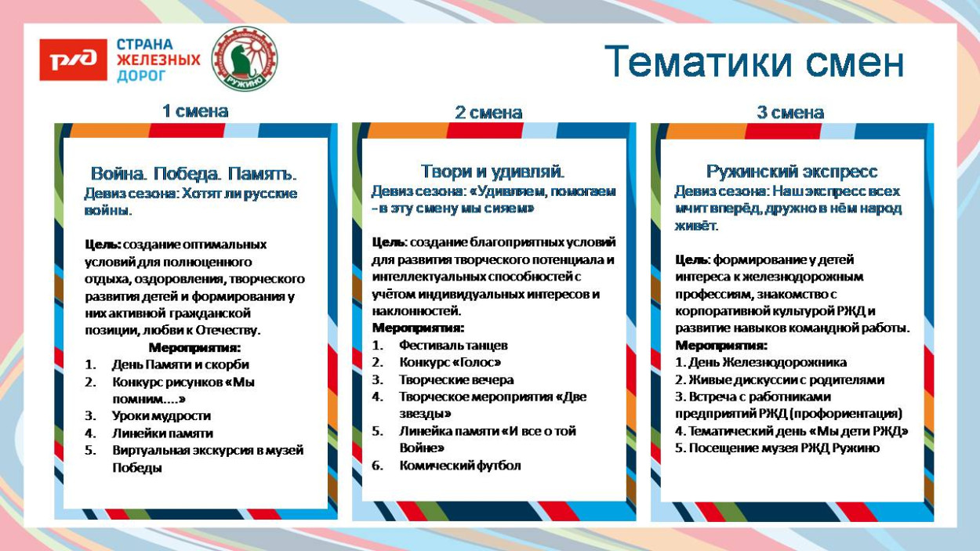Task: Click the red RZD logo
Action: [73, 60]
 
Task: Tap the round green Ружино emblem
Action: [245, 58]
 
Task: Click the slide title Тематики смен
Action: [754, 62]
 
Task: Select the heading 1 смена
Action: [194, 111]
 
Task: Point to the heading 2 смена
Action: [488, 113]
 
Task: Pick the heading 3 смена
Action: [789, 113]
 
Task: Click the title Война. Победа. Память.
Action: [194, 173]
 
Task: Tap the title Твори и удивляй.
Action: [492, 171]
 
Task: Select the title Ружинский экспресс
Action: [791, 172]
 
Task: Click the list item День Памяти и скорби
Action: [180, 364]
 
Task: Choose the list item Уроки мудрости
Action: [161, 415]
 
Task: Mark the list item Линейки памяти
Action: [162, 433]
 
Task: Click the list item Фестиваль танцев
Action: [453, 345]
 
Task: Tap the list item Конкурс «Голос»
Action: [449, 362]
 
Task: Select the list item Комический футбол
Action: [459, 466]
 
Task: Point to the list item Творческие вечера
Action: [456, 379]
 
